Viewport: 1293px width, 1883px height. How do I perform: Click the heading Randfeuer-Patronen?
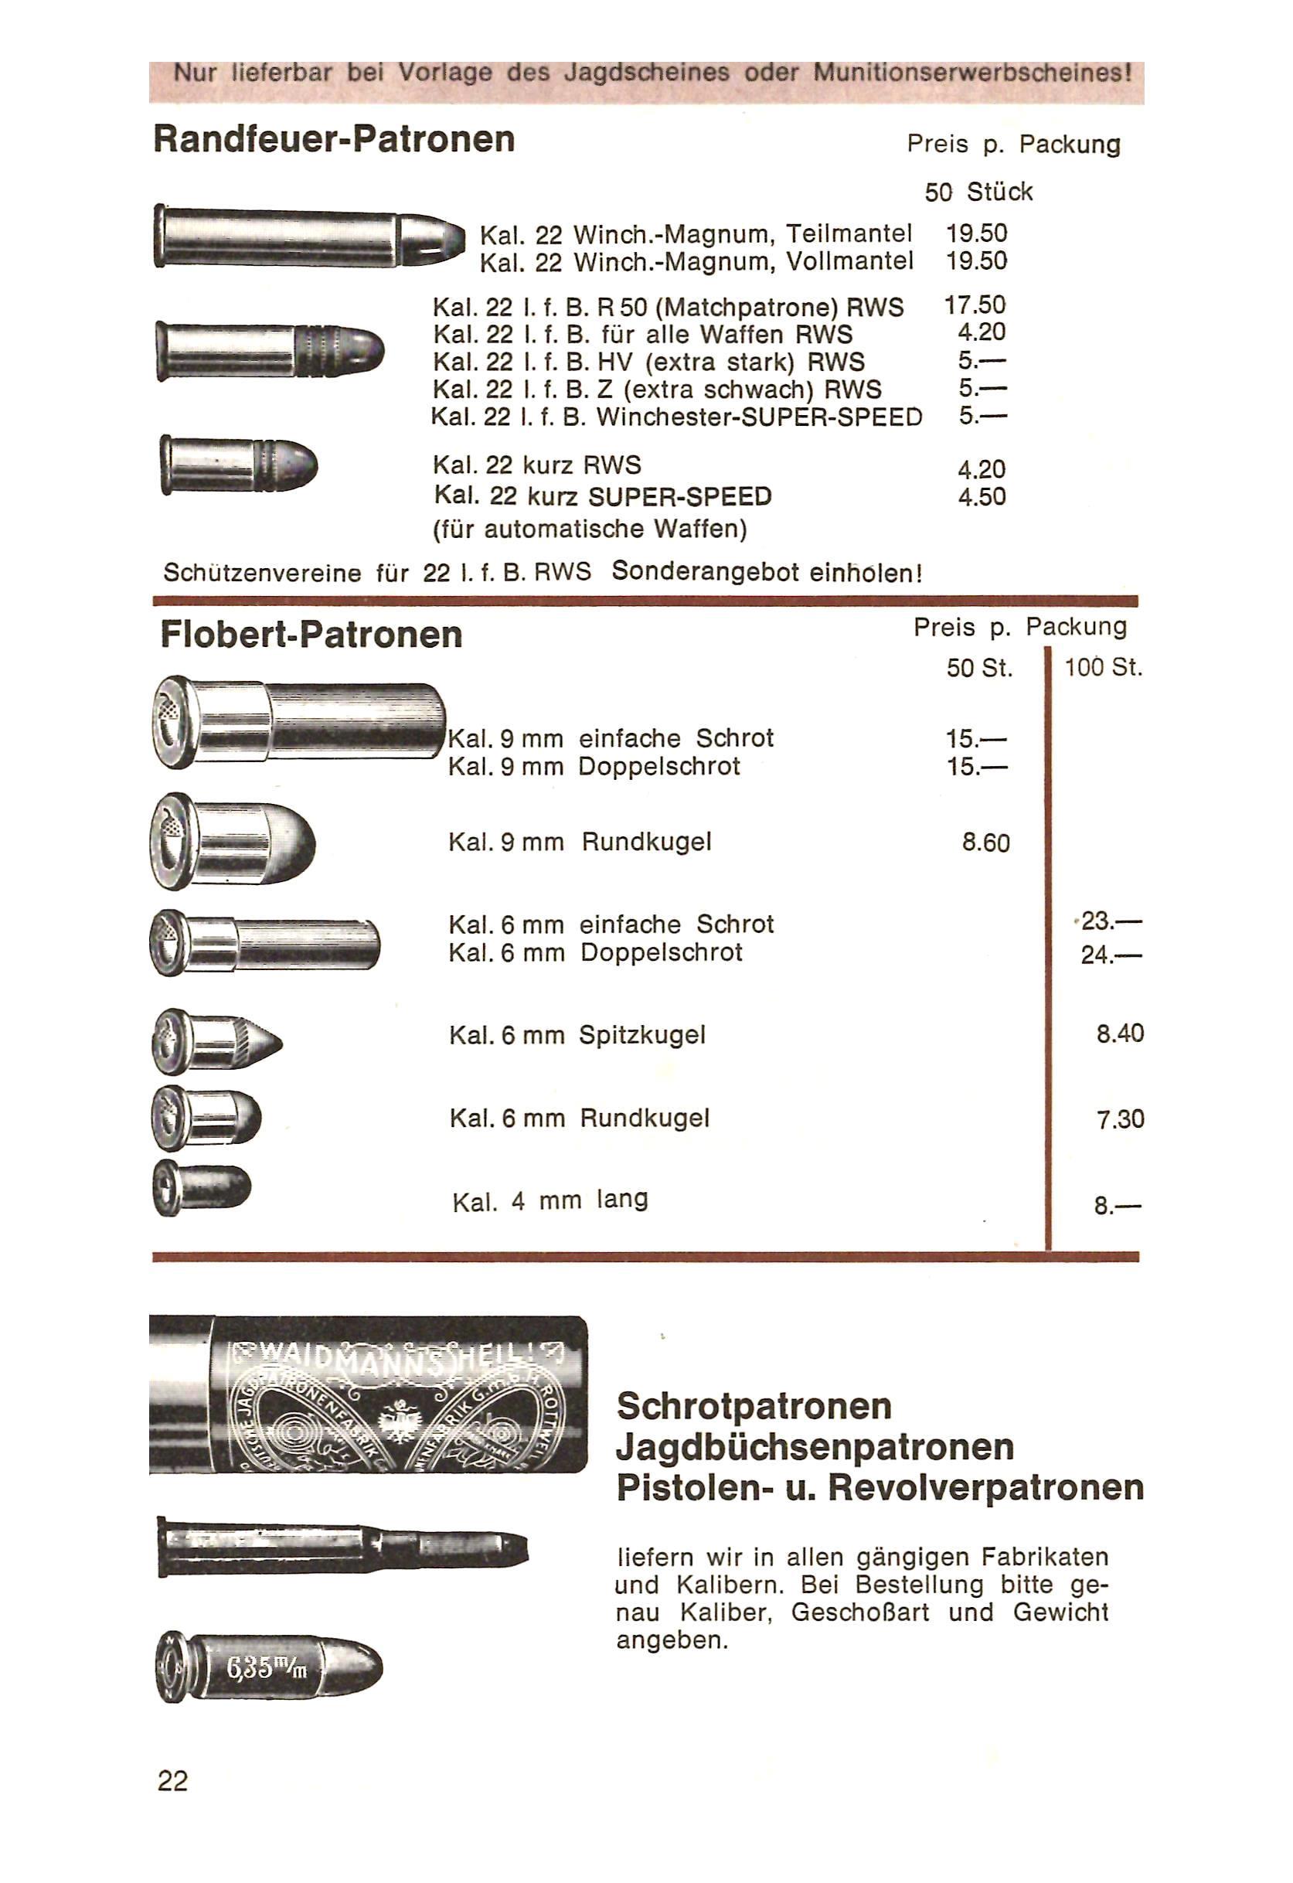click(x=334, y=138)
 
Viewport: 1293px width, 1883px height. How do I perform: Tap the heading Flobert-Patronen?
click(x=311, y=635)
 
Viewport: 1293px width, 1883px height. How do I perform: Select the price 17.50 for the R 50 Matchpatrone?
click(x=975, y=305)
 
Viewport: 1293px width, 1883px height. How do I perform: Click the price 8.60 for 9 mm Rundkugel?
click(x=986, y=843)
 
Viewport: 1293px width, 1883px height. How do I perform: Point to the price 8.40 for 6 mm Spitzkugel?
click(x=1120, y=1033)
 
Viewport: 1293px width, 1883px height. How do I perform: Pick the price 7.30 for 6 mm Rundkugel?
click(x=1120, y=1120)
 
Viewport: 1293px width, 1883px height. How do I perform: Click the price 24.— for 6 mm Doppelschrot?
click(x=1111, y=955)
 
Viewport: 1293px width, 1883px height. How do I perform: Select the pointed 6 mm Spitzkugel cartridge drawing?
click(x=217, y=1042)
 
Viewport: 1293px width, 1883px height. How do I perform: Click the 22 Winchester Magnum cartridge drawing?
click(x=309, y=236)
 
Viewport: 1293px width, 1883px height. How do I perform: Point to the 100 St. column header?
click(x=1103, y=669)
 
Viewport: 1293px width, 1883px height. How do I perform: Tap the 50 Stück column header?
click(x=978, y=192)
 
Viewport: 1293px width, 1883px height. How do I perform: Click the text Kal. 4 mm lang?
click(x=550, y=1200)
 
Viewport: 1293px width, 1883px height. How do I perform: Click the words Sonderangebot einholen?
click(x=767, y=572)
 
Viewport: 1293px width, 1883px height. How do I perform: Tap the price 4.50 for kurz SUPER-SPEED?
click(x=982, y=497)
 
